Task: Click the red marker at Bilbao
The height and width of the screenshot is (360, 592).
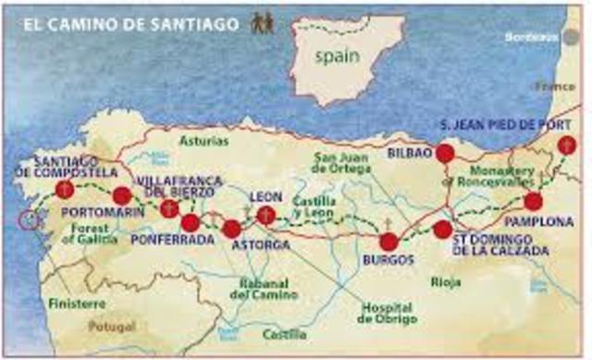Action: coord(445,154)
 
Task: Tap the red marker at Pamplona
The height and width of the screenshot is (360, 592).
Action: coord(533,202)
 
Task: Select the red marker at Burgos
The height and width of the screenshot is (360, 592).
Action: coord(388,242)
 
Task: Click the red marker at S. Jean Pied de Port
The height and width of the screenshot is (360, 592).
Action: coord(566,145)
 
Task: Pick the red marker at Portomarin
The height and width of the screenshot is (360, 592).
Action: coord(121,195)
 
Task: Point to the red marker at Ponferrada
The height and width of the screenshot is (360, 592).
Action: coord(191,223)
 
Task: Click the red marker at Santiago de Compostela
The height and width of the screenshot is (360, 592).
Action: coord(64,190)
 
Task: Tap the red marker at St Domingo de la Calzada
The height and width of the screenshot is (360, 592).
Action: coord(443,229)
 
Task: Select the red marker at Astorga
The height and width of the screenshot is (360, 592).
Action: coord(232,228)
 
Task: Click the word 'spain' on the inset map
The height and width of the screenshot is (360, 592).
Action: coord(336,56)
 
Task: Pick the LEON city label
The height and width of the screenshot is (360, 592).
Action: coord(265,196)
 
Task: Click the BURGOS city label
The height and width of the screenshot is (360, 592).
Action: coord(388,261)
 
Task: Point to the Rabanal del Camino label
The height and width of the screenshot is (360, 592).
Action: coord(264,289)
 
